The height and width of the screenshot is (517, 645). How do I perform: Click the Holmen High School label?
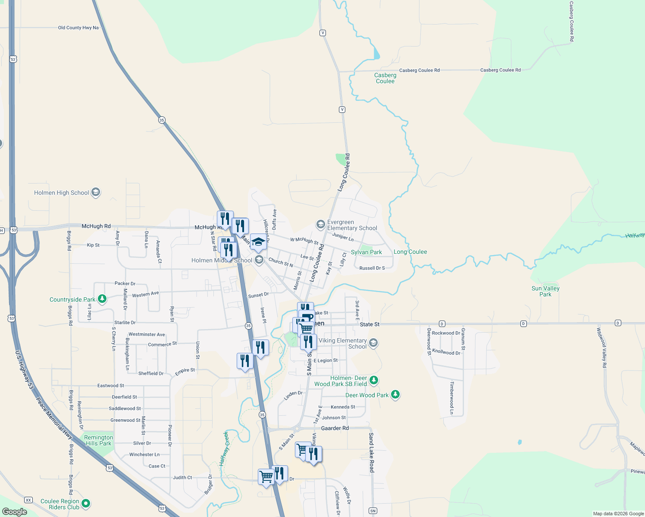coord(62,193)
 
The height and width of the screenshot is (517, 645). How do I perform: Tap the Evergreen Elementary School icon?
coord(320,224)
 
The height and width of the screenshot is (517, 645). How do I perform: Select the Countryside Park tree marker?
coord(102,299)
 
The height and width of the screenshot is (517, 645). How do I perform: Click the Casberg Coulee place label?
coord(385,78)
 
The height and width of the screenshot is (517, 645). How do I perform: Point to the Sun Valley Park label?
coord(545,291)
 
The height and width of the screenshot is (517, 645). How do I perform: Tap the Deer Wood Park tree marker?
coord(395,395)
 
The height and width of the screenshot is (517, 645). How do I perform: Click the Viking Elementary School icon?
coord(373,343)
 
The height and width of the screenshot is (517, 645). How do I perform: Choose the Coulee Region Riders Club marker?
coord(86,503)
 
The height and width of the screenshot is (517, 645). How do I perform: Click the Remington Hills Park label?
coord(98,440)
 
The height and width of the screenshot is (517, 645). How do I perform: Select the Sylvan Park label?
coord(366,252)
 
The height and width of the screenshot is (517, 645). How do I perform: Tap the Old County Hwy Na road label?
coord(78,28)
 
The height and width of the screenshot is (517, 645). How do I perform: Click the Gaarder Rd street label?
coord(335,428)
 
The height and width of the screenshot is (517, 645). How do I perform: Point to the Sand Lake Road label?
coord(371,453)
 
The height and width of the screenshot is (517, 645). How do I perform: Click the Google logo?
coord(14,512)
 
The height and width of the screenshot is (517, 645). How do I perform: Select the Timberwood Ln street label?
coord(452,398)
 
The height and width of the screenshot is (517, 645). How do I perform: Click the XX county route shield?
coord(28,500)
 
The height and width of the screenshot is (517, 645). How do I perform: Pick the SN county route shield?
coord(373,511)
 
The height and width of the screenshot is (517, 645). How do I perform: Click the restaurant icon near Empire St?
coord(244,361)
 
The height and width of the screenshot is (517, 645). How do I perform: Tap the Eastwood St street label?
coord(110,386)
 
